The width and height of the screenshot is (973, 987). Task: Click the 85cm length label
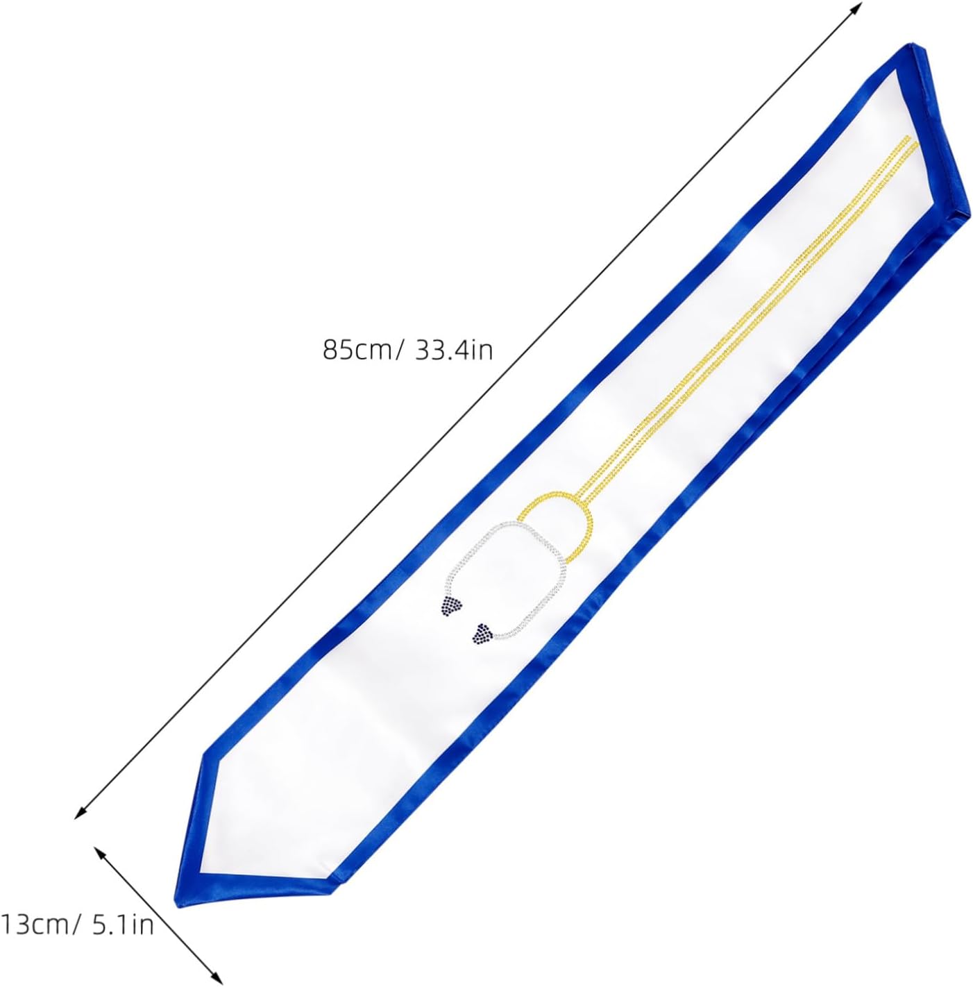click(x=357, y=351)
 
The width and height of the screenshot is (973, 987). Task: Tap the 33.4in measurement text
click(x=453, y=351)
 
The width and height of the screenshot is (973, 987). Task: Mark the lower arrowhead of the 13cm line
click(x=219, y=978)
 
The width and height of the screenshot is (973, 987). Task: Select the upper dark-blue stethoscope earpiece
click(x=451, y=605)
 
